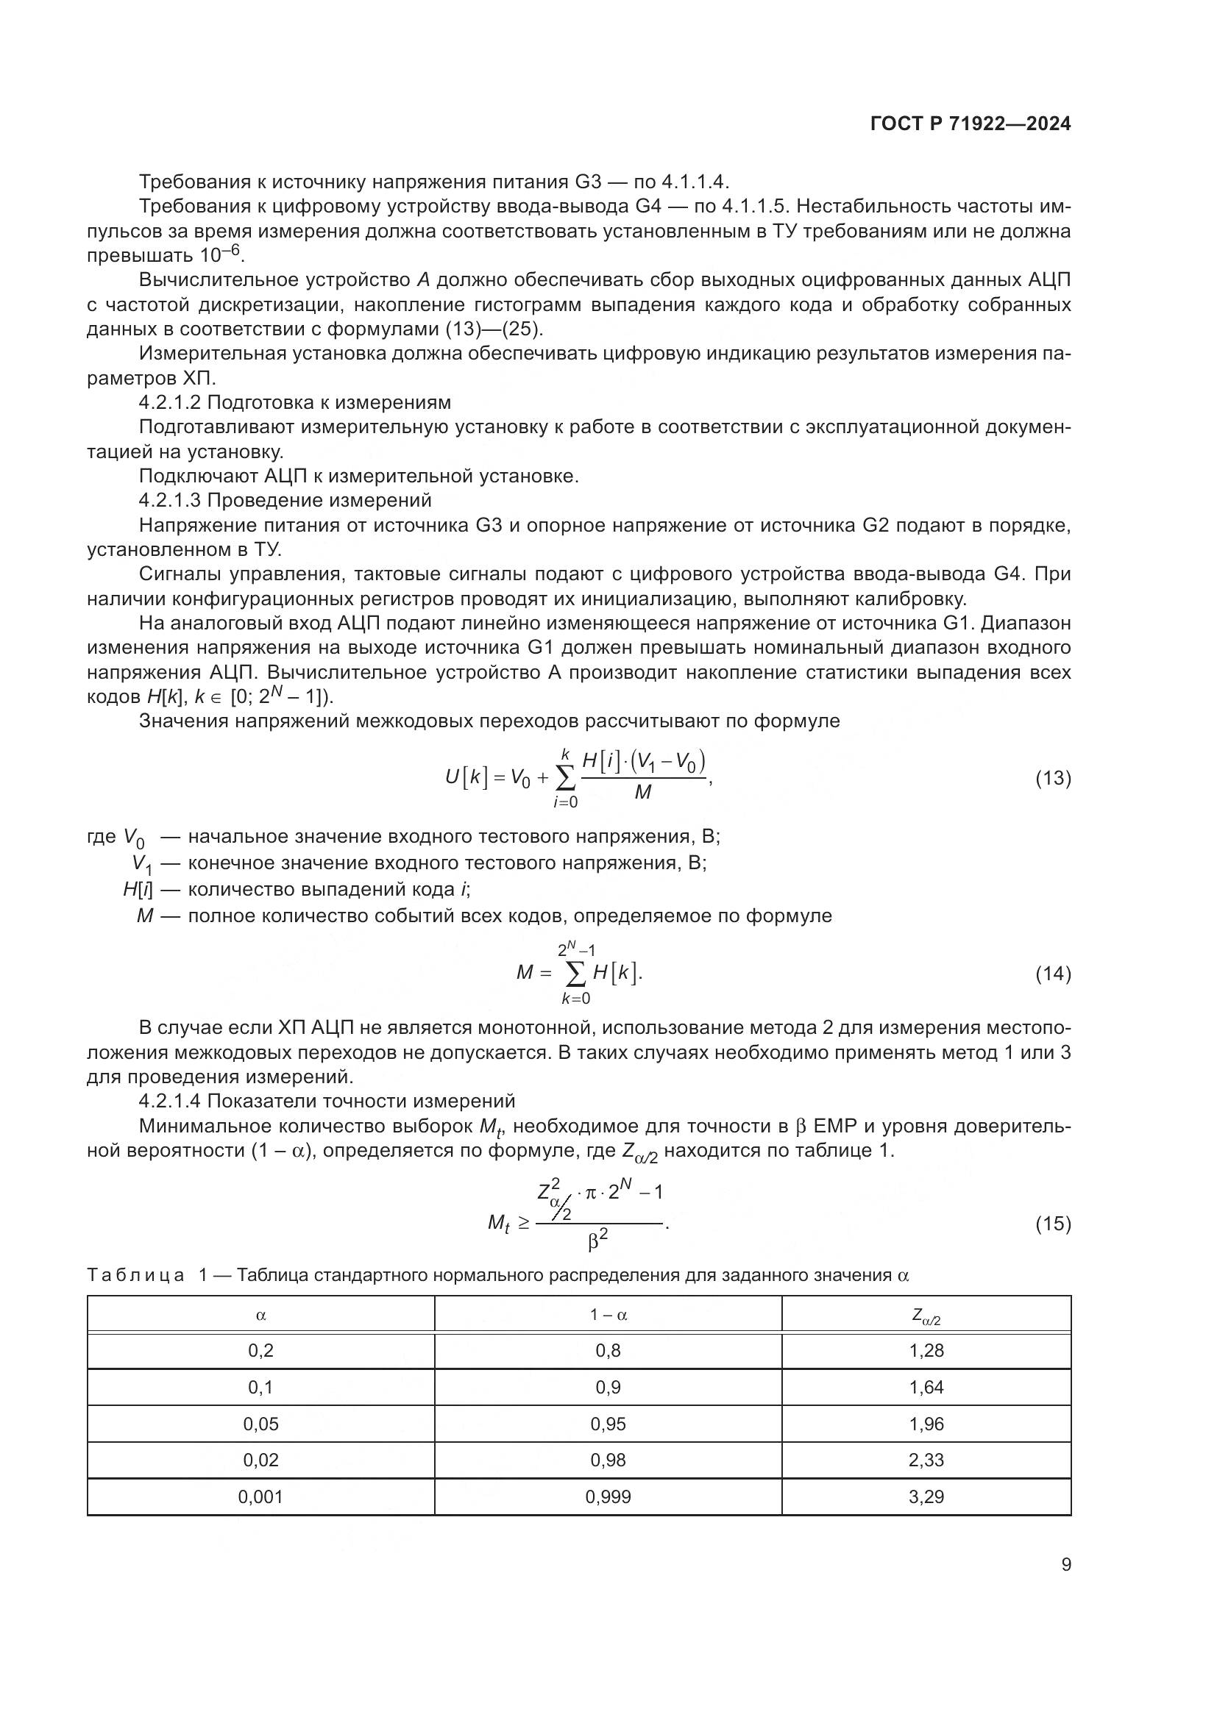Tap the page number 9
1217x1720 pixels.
point(1065,1564)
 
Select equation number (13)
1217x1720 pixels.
point(1052,778)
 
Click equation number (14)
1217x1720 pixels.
point(1052,974)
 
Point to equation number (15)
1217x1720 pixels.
point(1052,1224)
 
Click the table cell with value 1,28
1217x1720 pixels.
point(926,1351)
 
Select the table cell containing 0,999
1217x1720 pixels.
point(608,1496)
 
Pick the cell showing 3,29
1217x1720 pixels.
point(926,1496)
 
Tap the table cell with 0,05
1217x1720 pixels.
point(260,1424)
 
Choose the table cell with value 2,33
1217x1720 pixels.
point(926,1460)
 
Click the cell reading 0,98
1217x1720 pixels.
point(608,1460)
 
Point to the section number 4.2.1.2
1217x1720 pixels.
point(170,403)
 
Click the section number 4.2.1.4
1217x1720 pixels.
point(170,1102)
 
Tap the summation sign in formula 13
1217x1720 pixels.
point(566,779)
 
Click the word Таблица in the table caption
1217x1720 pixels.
point(135,1276)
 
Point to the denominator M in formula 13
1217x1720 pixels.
point(643,792)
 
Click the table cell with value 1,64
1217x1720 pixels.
point(926,1388)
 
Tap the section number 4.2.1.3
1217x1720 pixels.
point(170,501)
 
